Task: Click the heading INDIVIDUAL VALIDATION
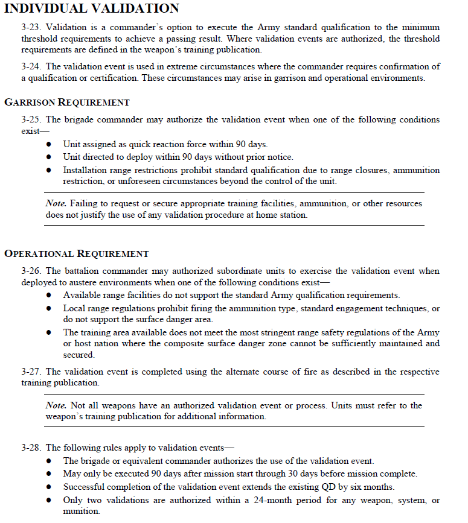[x=92, y=8]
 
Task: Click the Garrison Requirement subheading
[x=66, y=103]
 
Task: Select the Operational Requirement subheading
[x=76, y=254]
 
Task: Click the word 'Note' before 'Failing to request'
[x=56, y=203]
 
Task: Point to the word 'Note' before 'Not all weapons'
[x=56, y=405]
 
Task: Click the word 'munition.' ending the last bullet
[x=82, y=512]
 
